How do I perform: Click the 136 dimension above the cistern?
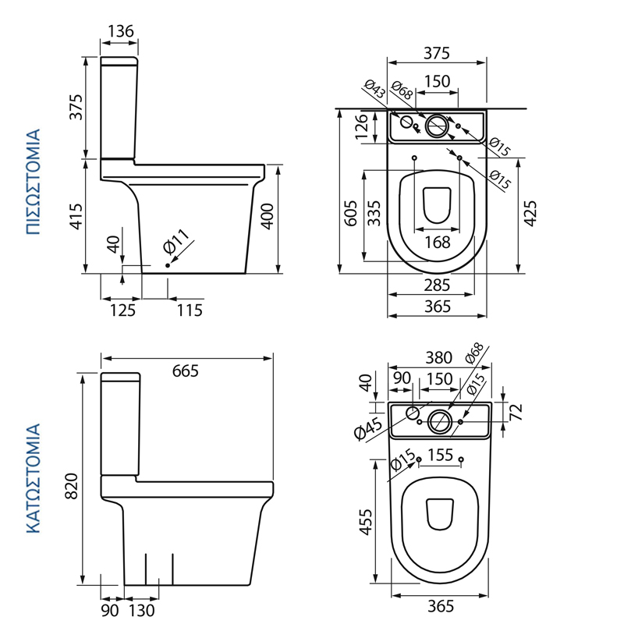click(x=120, y=31)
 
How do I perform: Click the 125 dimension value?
click(x=122, y=310)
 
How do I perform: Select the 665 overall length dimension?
click(x=185, y=370)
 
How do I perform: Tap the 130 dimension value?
click(x=141, y=609)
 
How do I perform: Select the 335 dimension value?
click(x=375, y=212)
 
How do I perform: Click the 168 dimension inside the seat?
click(x=438, y=243)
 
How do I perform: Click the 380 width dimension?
click(x=438, y=358)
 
